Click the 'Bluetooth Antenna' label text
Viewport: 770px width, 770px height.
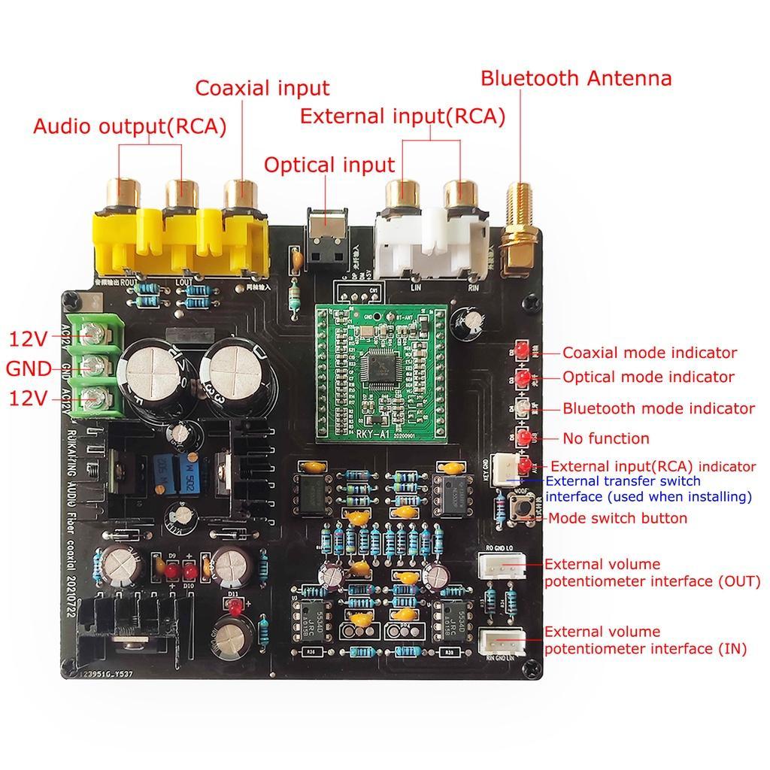coord(576,78)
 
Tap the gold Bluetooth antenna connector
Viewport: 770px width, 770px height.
coord(518,226)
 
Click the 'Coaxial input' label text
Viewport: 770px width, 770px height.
coord(262,88)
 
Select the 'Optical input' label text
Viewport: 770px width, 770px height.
coord(329,165)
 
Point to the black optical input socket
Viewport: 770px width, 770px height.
coord(328,239)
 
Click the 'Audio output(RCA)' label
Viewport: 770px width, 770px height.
coord(129,126)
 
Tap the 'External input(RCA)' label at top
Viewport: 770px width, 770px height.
coord(402,117)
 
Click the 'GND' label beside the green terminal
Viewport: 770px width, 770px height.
coord(29,369)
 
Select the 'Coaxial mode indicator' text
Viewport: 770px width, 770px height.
coord(650,353)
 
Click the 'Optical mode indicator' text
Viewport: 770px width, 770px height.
coord(648,377)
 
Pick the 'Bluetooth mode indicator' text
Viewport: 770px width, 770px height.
coord(659,408)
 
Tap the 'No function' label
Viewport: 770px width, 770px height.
coord(605,438)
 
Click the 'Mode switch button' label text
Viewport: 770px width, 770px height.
coord(617,518)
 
